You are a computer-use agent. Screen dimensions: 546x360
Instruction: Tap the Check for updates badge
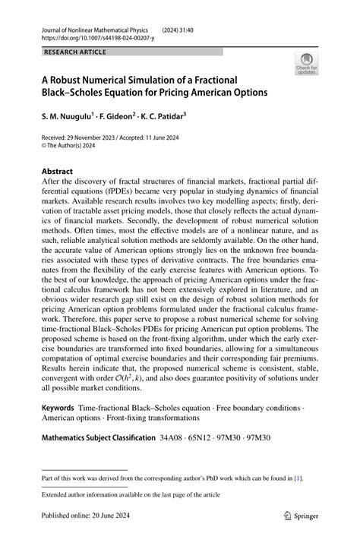click(308, 65)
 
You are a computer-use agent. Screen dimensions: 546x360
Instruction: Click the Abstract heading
click(58, 172)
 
